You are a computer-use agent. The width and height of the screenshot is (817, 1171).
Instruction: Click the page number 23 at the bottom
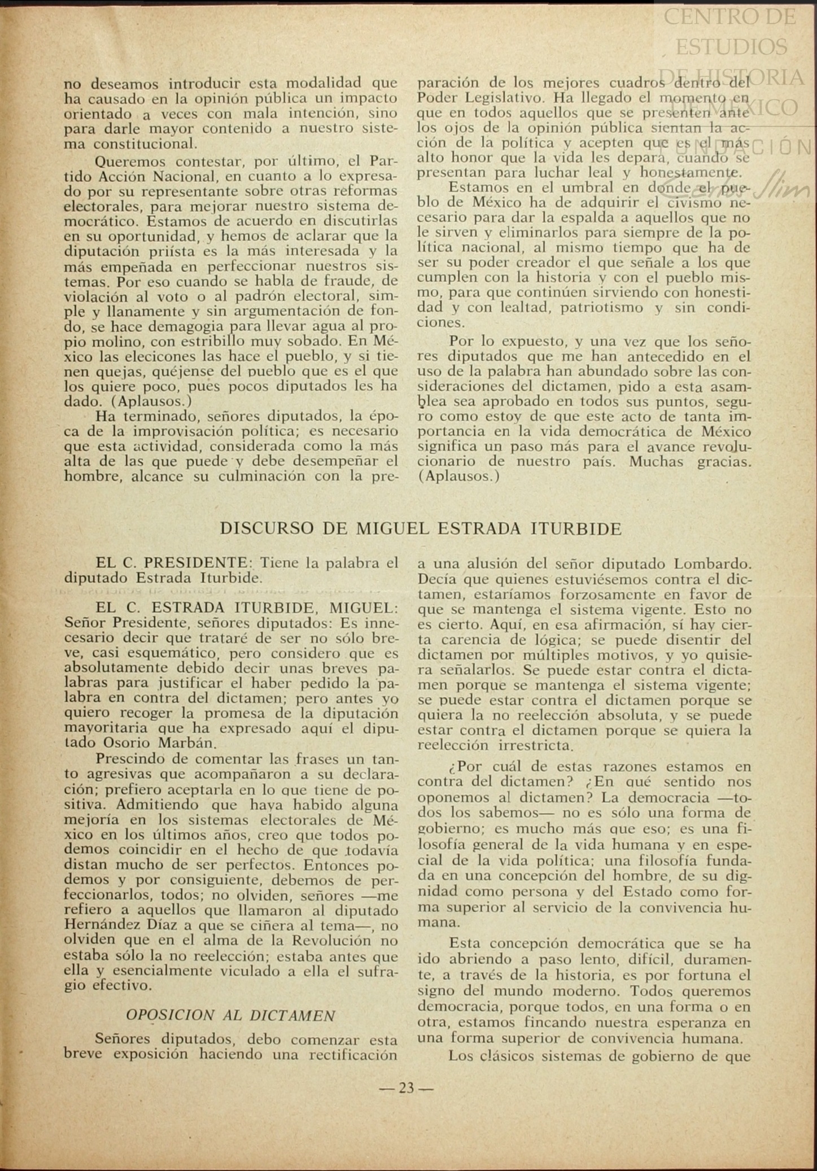point(406,1088)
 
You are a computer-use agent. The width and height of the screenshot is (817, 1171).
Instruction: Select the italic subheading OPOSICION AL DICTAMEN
point(230,1015)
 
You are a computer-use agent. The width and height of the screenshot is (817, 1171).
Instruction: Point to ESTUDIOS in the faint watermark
point(731,47)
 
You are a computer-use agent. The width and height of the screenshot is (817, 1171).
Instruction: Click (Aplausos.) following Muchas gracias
point(459,476)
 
